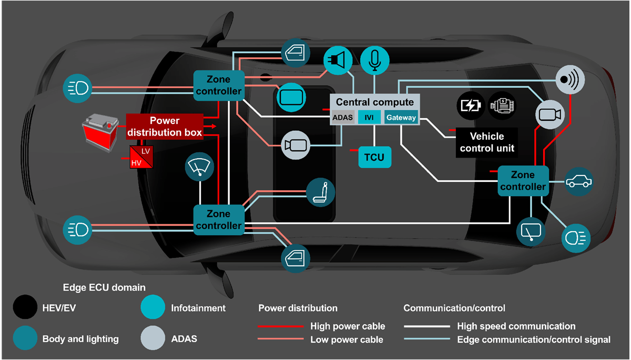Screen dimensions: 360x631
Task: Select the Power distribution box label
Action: pos(165,127)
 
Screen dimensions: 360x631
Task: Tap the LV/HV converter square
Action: pos(141,157)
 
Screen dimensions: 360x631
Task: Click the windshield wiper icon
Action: pos(200,168)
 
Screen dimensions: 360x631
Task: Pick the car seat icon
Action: pos(319,192)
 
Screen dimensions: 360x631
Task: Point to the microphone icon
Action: pos(374,58)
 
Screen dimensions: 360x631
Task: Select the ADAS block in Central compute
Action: pos(343,118)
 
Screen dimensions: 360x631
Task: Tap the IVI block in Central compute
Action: pos(369,118)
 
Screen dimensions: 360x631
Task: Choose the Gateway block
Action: pos(401,118)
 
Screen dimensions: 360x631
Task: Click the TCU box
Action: pos(374,157)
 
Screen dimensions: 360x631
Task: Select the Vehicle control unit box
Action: pos(487,142)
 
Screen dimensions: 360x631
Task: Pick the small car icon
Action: pos(578,182)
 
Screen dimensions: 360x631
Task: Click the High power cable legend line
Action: pos(280,326)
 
